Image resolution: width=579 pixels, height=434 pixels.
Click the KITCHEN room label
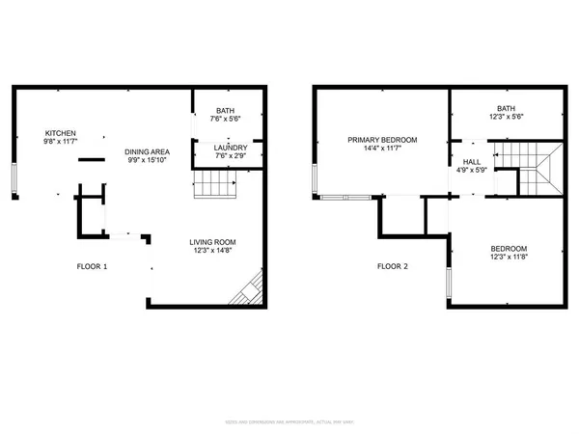[60, 133]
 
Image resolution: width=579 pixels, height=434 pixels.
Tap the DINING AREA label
[149, 152]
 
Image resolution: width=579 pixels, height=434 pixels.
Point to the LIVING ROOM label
[212, 242]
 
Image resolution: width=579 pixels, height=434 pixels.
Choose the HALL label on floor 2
[471, 162]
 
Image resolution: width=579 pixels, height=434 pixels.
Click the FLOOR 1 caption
[94, 266]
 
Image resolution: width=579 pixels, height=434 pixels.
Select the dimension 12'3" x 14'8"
[212, 252]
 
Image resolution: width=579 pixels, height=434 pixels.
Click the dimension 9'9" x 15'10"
[149, 161]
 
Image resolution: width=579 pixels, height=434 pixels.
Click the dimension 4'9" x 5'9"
[471, 171]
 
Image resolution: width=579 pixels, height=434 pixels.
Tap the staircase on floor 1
[215, 184]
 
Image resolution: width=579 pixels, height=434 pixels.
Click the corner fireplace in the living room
[254, 289]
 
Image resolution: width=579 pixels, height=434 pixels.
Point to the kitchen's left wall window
[14, 179]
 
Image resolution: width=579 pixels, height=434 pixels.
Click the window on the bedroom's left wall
[447, 283]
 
